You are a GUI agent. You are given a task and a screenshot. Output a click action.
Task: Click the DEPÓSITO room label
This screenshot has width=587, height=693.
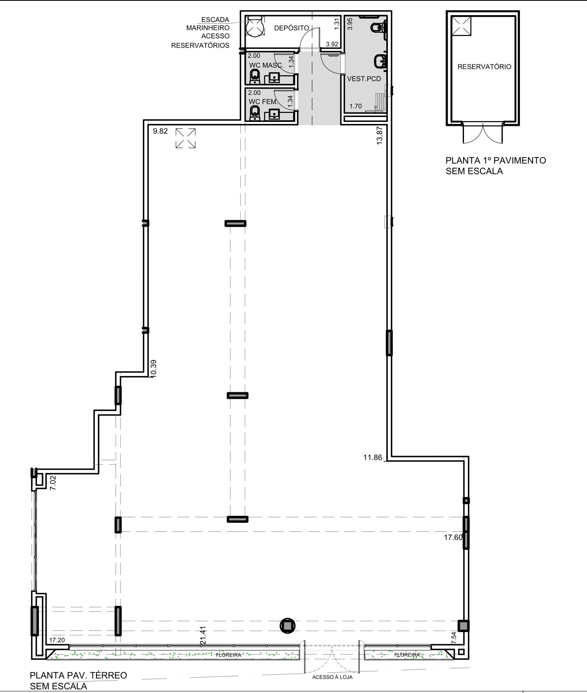coord(291,28)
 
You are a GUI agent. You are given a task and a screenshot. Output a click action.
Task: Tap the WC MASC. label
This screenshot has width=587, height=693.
coord(266,65)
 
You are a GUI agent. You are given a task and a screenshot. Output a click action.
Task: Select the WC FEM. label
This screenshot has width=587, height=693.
coord(263,101)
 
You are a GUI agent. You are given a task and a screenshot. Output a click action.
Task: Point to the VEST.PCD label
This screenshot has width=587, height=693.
coord(364,79)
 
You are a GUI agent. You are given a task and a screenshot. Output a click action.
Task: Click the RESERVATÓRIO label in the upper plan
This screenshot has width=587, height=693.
coord(484,67)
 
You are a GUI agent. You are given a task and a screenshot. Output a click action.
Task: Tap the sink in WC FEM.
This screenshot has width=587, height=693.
coord(274,113)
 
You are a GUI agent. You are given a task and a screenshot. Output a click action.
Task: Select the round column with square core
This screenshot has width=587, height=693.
coord(287,625)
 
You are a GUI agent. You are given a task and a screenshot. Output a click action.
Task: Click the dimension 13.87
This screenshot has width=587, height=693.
coord(379,135)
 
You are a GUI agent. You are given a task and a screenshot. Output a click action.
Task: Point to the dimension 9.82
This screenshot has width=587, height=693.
coord(160,131)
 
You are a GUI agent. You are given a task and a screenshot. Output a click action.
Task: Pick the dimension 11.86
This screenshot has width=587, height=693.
coord(372,457)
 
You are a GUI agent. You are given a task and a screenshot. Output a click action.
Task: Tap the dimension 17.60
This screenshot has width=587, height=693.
coord(453,538)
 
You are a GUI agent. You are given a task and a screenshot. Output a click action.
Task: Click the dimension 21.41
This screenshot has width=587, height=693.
coord(203,636)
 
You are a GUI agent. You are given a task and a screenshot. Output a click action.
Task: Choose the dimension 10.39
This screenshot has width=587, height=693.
coord(153,368)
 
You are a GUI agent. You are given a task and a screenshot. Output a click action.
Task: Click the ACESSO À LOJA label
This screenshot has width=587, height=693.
coord(332,677)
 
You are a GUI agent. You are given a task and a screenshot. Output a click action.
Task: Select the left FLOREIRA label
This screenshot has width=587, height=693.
coord(229,655)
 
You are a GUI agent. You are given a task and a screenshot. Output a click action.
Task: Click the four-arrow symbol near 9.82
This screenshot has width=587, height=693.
coord(186,138)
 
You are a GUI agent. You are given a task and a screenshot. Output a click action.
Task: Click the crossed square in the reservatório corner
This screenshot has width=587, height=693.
coord(462,26)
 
